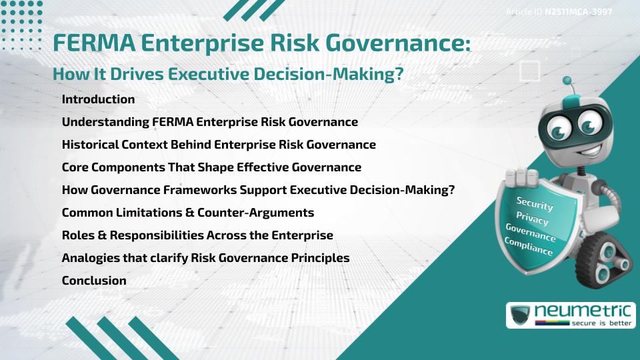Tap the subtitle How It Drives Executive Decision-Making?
228,75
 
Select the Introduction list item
98,99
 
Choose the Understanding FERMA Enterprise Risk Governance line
209,122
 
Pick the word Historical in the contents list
89,145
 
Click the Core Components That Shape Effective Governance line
211,167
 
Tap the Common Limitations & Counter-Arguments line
187,213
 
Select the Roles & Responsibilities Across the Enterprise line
197,235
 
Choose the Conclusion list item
94,281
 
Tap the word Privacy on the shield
532,219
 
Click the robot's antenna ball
568,81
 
